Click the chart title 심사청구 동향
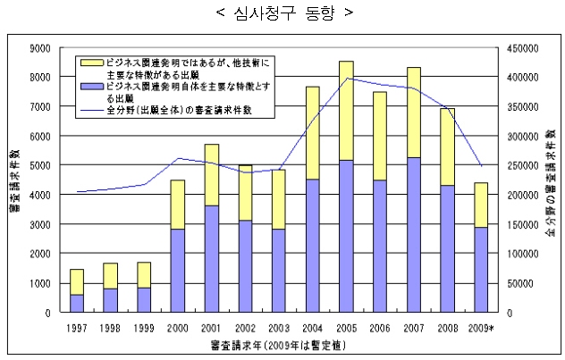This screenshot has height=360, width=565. [x=282, y=13]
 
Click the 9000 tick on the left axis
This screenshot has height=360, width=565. [x=41, y=48]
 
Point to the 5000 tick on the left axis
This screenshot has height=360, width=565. [x=41, y=166]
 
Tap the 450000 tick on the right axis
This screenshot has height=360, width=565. [x=522, y=48]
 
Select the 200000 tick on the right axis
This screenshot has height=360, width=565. [x=522, y=196]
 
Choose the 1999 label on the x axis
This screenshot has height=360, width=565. [x=143, y=328]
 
